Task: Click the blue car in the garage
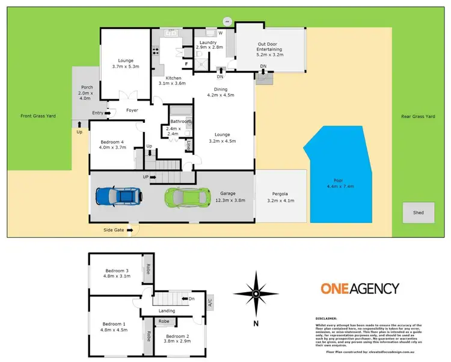[x=120, y=196]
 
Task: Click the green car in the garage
[x=189, y=196]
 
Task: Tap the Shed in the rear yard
[x=418, y=213]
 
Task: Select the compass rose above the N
[x=256, y=294]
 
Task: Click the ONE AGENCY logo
[x=359, y=289]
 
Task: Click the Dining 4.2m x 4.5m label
[x=220, y=92]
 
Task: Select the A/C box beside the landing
[x=210, y=301]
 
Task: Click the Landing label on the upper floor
[x=167, y=311]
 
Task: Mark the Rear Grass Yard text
[x=418, y=116]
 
